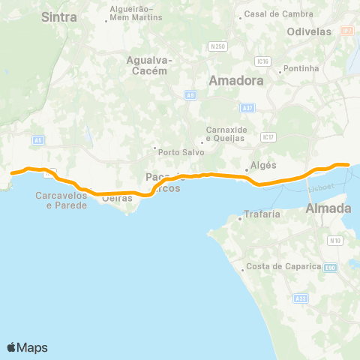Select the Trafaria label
tap(260, 216)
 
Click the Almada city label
tap(328, 208)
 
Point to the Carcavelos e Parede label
tap(61, 199)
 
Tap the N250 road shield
tap(218, 46)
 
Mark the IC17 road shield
tap(268, 137)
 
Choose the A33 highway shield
tap(301, 298)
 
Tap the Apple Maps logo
tap(28, 347)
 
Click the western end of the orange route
tap(11, 174)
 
